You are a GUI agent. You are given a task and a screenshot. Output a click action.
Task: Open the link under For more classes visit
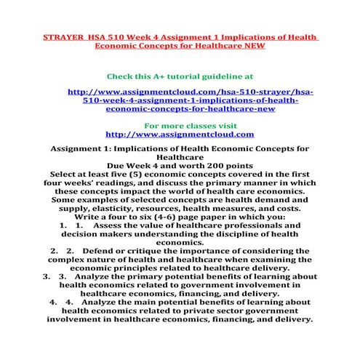180,135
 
